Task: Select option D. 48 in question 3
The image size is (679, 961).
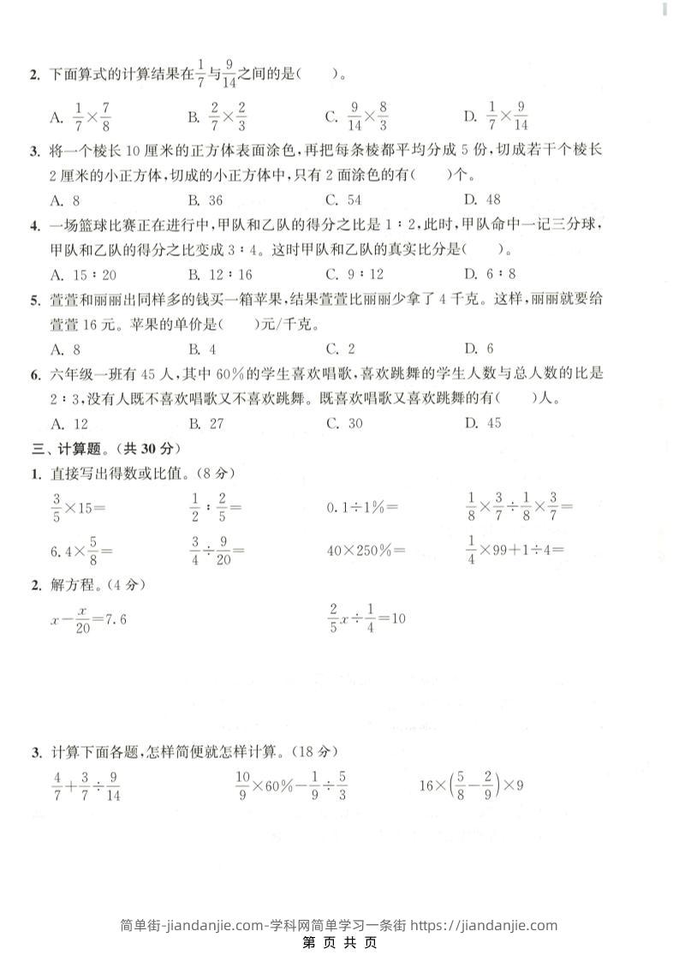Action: (482, 200)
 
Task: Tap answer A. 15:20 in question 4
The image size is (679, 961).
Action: (83, 274)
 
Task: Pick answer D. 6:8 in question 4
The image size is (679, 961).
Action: (490, 274)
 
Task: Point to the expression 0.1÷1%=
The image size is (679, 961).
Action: (363, 507)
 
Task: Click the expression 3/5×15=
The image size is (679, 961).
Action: (78, 507)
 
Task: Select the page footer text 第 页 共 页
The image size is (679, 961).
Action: (340, 944)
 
